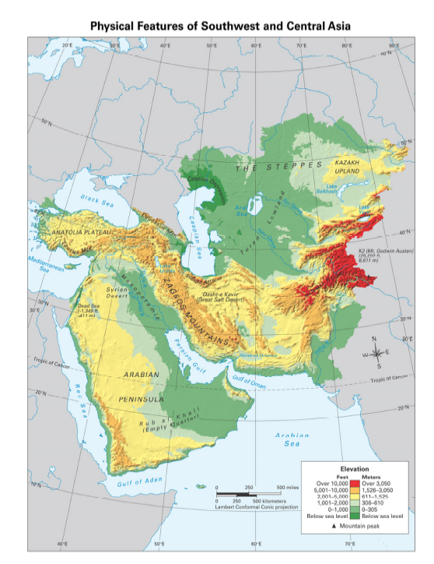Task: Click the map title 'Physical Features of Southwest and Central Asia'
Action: [x=220, y=26]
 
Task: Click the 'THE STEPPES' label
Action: [x=278, y=166]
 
